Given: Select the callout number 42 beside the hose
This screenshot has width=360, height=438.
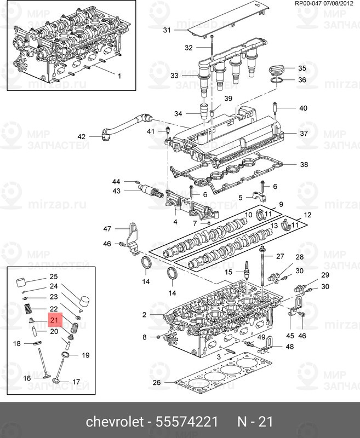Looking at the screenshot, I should (x=82, y=136).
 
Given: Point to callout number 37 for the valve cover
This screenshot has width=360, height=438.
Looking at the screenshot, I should (x=303, y=134).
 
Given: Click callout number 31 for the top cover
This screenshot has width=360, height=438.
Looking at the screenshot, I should (x=167, y=30).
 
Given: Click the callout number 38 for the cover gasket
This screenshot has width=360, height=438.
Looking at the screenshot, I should (x=303, y=164).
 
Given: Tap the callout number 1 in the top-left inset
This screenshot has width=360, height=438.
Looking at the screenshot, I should (x=119, y=76).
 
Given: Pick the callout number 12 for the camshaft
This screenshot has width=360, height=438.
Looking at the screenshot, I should (x=308, y=215).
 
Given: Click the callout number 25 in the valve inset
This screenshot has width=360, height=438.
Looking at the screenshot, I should (x=54, y=276).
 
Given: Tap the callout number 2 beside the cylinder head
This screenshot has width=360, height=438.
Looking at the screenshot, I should (x=144, y=315).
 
